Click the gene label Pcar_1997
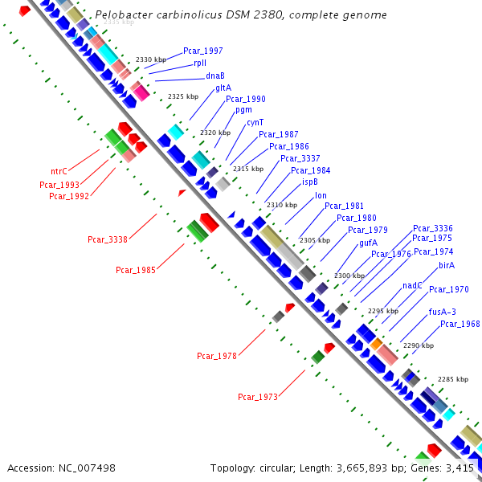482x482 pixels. point(203,51)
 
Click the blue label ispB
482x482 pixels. point(310,182)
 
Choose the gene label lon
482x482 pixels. point(321,195)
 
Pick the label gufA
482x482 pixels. point(368,242)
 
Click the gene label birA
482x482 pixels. point(447,264)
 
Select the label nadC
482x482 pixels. point(412,285)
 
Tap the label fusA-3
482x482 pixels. point(442,312)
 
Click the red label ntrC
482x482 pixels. point(59,171)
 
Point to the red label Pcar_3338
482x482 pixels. point(108,239)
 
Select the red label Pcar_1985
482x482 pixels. point(136,270)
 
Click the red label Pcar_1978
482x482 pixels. point(217,356)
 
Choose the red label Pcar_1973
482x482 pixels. point(258,397)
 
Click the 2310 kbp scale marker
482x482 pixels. point(282,205)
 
